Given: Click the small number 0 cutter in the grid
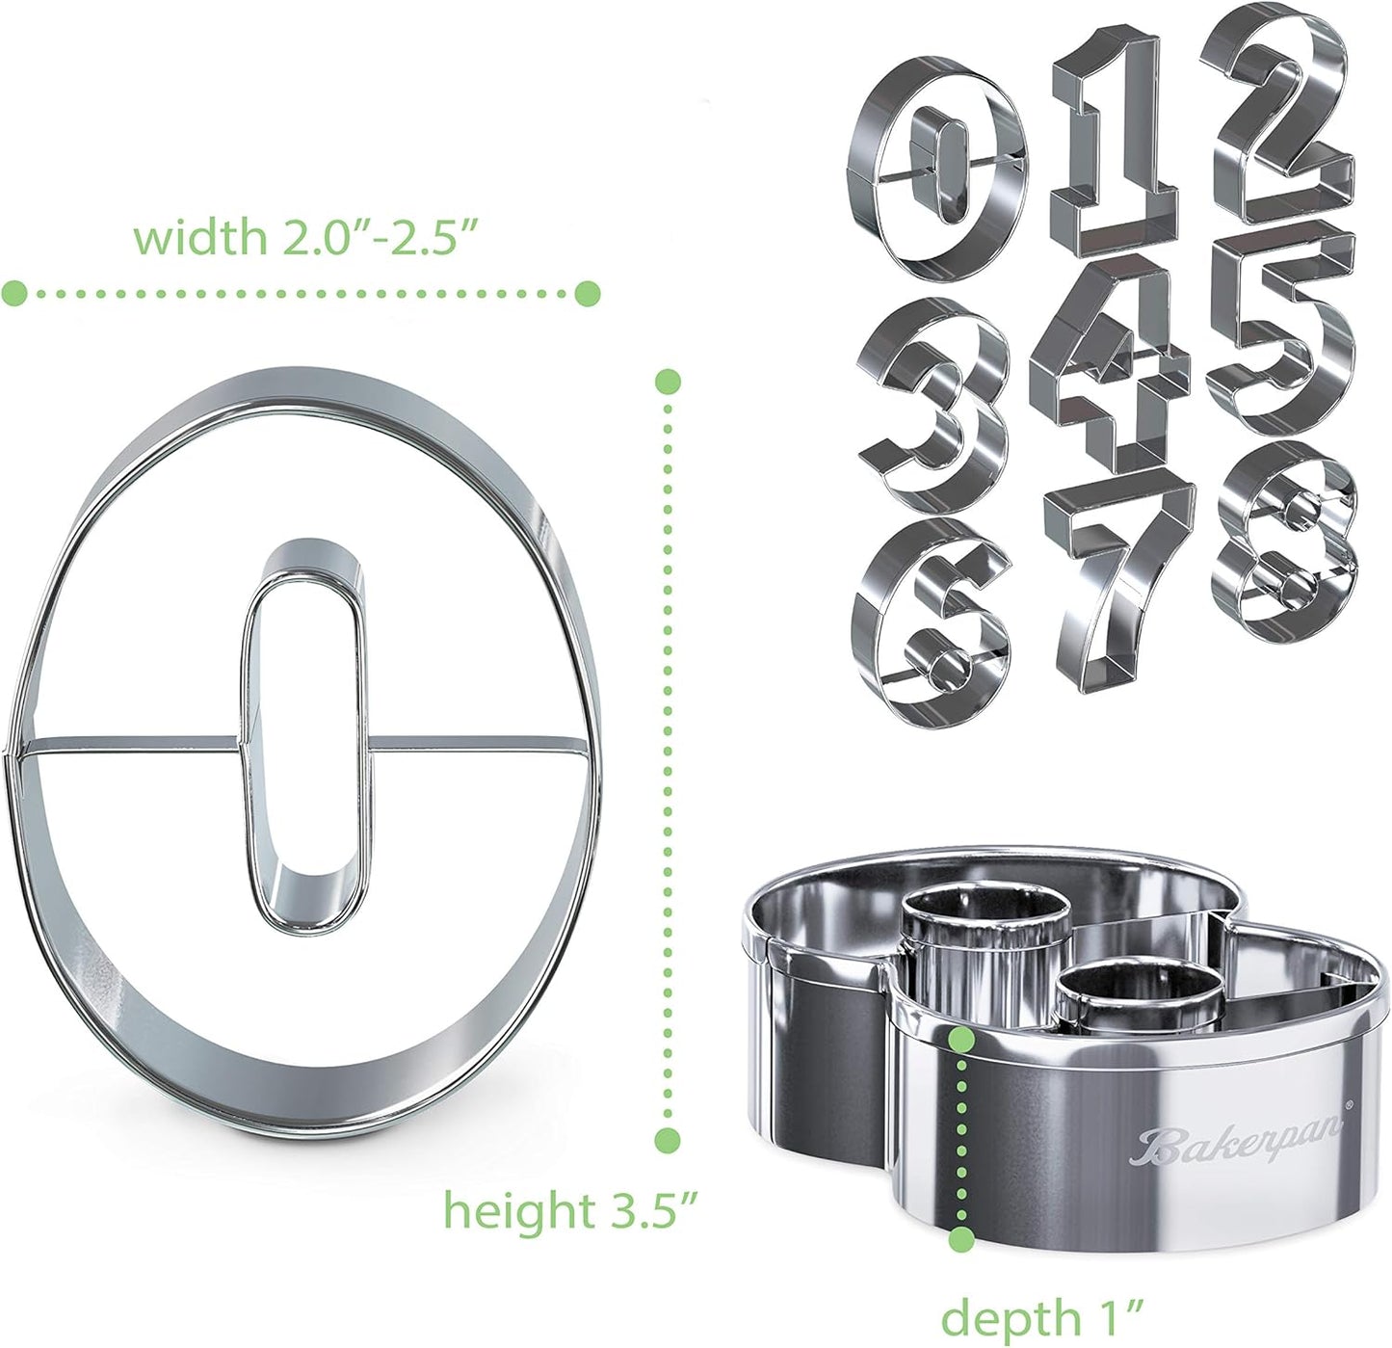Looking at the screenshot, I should pos(932,168).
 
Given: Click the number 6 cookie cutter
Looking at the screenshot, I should pos(931,621).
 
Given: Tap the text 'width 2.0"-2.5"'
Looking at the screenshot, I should pos(305,237).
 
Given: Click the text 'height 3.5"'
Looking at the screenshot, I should pos(569,1210).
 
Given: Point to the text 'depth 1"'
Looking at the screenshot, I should pos(1040,1316).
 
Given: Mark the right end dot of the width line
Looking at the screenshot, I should pos(588,293).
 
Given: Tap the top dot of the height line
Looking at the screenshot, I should pos(668,382).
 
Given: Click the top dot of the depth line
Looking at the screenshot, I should pos(960,1040).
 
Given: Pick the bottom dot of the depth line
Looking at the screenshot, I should pos(960,1239).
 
